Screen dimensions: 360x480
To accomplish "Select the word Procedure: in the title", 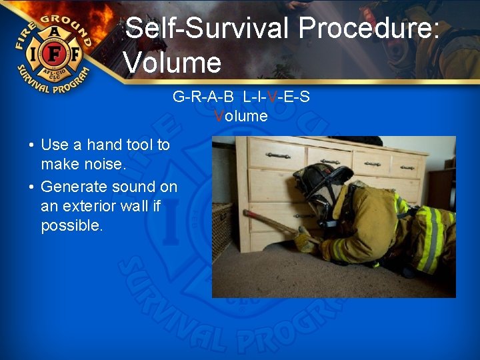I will coord(369,29).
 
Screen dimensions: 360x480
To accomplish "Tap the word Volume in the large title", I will coord(173,63).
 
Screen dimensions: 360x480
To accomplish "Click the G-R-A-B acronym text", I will coord(203,97).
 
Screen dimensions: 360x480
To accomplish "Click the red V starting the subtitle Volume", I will coord(219,116).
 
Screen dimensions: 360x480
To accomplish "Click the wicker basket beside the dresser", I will coord(221,230).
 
